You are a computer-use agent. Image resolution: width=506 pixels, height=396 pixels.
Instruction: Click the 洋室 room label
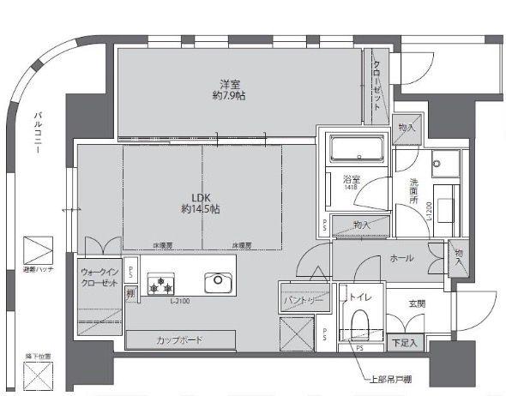click(x=228, y=84)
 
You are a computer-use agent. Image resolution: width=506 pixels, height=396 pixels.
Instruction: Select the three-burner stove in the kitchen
click(x=160, y=284)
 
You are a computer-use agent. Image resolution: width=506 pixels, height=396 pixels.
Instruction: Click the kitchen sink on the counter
click(x=215, y=283)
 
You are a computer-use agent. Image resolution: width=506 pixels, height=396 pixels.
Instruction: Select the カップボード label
click(x=179, y=340)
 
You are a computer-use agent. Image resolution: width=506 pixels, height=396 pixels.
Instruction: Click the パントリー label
click(x=303, y=302)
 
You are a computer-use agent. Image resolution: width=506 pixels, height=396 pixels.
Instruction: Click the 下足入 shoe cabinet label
click(x=403, y=342)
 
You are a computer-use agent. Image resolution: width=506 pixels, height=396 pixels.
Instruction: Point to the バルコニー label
click(x=38, y=134)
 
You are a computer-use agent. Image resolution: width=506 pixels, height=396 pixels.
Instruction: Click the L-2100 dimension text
click(x=180, y=301)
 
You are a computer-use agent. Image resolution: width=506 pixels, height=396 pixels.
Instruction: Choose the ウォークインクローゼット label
click(x=99, y=278)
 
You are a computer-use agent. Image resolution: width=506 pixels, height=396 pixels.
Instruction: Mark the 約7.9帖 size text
click(x=228, y=96)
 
